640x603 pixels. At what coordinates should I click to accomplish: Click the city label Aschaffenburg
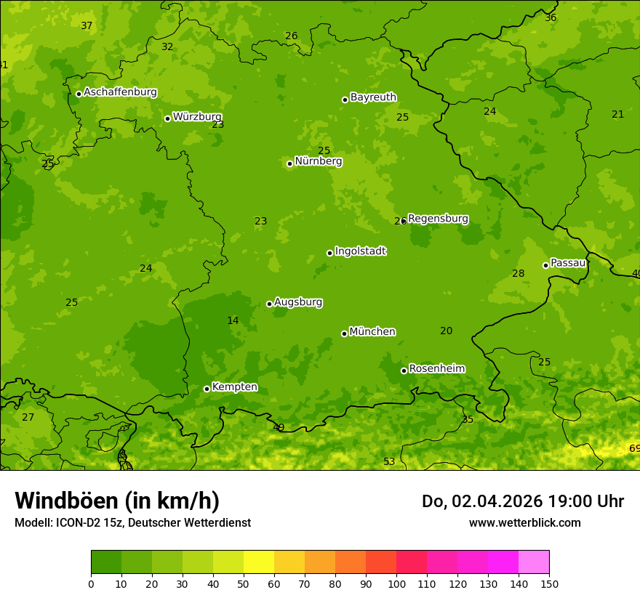point(120,92)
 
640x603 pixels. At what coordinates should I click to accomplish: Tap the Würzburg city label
point(197,117)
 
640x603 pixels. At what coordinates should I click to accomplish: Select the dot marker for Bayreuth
point(345,100)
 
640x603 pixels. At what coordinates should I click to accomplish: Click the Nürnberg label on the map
point(318,161)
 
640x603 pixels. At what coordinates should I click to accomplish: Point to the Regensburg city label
point(438,219)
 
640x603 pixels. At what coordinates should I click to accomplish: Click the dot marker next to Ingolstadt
point(329,253)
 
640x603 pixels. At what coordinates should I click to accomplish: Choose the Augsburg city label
point(298,302)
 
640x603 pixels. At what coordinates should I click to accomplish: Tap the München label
point(372,332)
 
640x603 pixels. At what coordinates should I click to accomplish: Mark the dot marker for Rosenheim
point(404,371)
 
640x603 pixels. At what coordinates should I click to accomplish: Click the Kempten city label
point(234,387)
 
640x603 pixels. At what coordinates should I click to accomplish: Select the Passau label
point(568,263)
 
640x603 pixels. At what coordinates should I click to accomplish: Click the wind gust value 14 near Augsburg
point(233,320)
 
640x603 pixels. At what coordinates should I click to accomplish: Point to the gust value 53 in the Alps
point(389,462)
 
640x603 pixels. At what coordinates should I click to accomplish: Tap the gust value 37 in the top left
point(87,26)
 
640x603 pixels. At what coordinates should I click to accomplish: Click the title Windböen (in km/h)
point(117,501)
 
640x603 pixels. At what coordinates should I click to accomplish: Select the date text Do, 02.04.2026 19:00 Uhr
point(522,501)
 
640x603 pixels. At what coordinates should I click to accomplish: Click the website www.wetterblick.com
point(524,522)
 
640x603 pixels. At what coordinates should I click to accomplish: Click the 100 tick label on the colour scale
point(396,583)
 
